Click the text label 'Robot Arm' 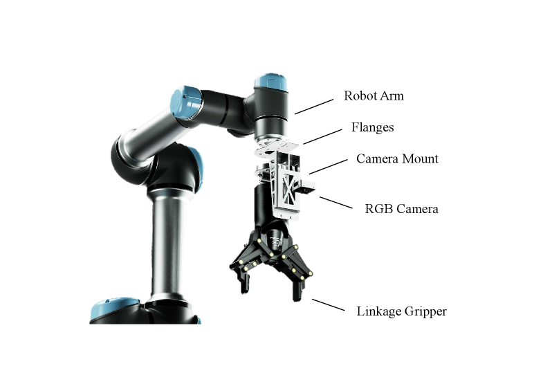coord(374,96)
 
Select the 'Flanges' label coord(373,128)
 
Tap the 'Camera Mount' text coord(397,158)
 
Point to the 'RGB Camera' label coord(401,209)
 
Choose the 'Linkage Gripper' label coord(402,311)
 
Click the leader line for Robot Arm coord(314,107)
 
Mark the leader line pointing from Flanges coord(323,137)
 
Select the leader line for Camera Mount coord(329,167)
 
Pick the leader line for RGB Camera coord(336,203)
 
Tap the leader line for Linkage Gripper coord(329,305)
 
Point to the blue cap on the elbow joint coord(186,103)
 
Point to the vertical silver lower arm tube coord(167,246)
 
